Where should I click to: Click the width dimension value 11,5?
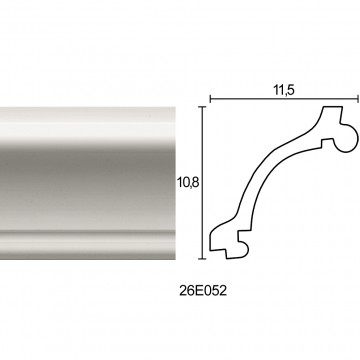284,90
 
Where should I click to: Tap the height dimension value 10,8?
189,183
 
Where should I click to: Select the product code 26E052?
203,291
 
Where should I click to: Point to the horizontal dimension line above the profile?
284,99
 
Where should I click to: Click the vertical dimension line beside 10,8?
202,183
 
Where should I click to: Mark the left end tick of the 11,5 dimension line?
210,99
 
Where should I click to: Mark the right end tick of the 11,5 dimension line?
358,99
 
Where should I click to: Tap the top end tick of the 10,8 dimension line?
202,107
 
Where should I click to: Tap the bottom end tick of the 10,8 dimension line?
202,258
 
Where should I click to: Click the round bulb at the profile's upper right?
347,138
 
